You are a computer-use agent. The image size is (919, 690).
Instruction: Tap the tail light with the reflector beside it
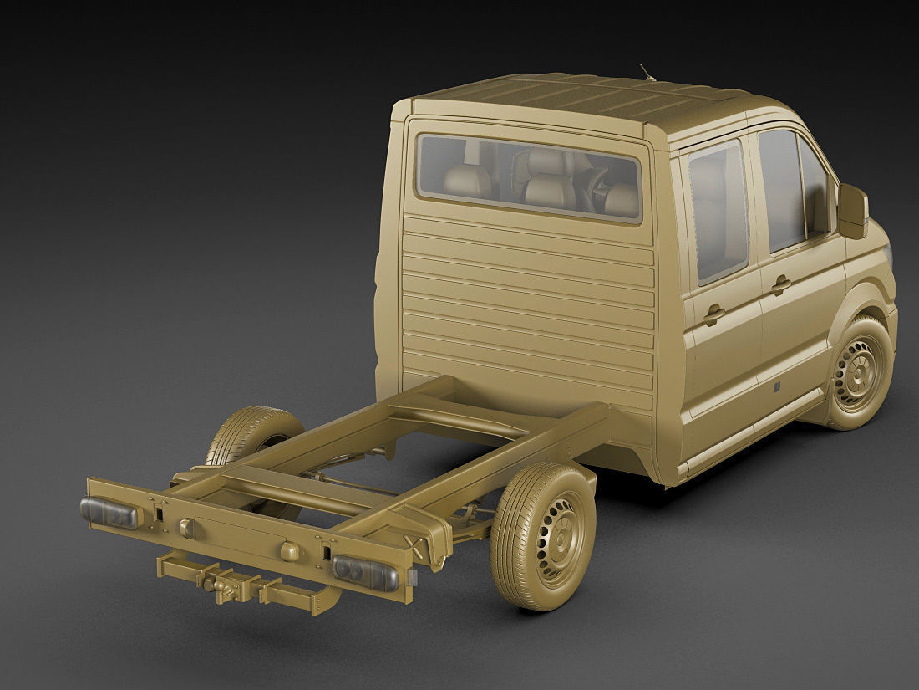tap(366, 571)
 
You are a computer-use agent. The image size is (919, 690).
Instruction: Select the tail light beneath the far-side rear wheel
tap(109, 512)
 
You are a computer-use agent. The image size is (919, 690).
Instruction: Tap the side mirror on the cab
tap(854, 210)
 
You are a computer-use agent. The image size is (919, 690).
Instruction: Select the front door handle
tap(782, 285)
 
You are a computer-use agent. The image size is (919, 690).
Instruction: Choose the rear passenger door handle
tap(714, 315)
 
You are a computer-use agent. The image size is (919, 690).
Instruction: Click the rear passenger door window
tap(716, 213)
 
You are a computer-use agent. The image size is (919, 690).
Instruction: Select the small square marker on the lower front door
tap(776, 386)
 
